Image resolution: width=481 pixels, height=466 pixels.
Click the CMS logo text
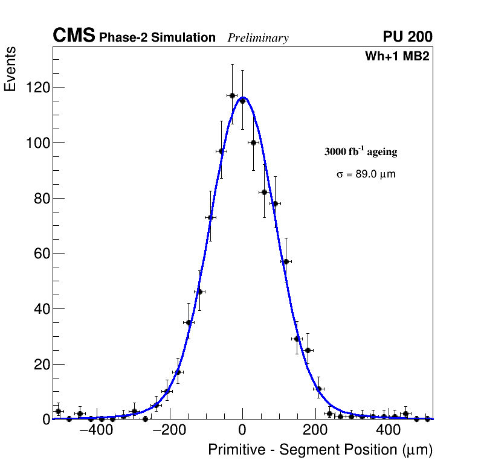pos(74,36)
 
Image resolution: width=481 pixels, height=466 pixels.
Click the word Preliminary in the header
pos(258,38)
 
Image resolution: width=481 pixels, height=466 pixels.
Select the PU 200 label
pos(407,37)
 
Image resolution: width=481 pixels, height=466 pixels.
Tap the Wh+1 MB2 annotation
pos(397,57)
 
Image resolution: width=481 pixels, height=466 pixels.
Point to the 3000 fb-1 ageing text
pos(361,152)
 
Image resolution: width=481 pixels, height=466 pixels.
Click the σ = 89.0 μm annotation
pos(366,174)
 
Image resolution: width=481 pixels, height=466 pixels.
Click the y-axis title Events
pos(10,69)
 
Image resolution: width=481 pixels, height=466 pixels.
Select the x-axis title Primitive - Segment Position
pos(320,450)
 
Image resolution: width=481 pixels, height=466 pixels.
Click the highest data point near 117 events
pos(232,95)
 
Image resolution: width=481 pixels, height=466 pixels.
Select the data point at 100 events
pos(254,142)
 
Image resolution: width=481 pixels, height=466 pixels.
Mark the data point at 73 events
pos(210,217)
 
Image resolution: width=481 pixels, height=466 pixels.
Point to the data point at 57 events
pos(286,261)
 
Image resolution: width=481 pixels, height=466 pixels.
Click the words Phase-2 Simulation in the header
pos(157,38)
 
